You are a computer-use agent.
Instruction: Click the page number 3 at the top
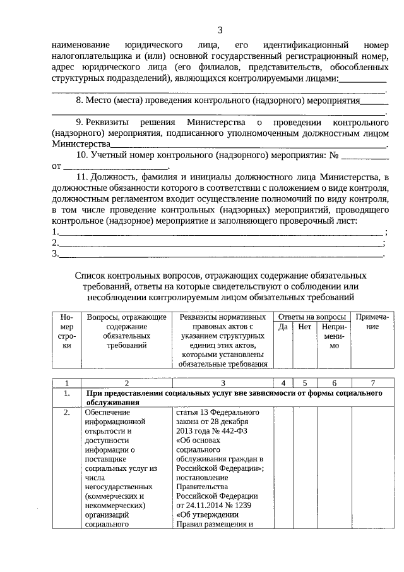tap(220, 30)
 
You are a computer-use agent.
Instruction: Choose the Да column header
tap(283, 327)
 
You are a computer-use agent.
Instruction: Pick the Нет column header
tap(304, 327)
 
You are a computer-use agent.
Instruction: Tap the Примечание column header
tap(372, 322)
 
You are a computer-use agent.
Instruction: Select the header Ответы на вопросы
tap(312, 317)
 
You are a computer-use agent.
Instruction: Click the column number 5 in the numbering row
tap(304, 383)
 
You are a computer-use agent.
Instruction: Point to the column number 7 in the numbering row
tap(372, 383)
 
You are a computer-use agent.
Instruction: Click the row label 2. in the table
tap(66, 413)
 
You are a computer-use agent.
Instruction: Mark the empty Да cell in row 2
tap(283, 468)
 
